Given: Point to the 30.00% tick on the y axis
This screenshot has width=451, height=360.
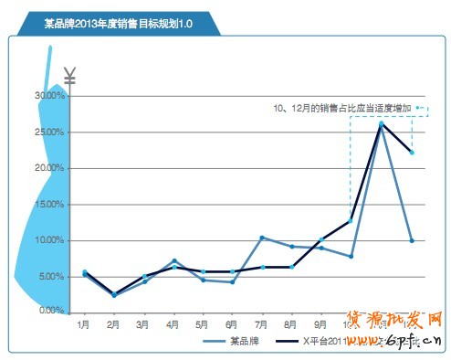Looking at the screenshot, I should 49,96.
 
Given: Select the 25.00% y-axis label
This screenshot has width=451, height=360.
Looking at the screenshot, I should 49,132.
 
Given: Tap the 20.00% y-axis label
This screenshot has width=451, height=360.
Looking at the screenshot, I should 49,168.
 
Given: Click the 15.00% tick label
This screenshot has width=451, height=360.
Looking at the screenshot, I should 49,204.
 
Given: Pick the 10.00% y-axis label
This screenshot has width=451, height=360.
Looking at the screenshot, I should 49,240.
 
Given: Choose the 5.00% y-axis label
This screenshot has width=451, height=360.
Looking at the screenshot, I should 51,276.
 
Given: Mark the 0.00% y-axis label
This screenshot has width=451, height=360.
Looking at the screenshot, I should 51,312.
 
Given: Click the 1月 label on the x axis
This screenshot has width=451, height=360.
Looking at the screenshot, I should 83,323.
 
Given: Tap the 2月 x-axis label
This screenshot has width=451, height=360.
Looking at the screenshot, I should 113,323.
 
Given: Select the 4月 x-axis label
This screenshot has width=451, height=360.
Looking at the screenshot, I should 173,323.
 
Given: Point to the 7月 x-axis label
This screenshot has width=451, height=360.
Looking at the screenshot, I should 263,323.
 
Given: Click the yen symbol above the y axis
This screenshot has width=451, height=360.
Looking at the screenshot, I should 70,77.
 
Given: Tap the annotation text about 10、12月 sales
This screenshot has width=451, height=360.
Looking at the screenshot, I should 343,108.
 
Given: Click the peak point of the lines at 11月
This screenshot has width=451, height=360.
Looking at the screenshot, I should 382,123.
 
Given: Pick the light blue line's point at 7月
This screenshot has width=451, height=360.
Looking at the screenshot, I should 262,238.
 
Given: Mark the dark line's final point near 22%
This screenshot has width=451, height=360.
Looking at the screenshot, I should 412,153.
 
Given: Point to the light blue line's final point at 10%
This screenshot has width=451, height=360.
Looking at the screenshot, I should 412,240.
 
